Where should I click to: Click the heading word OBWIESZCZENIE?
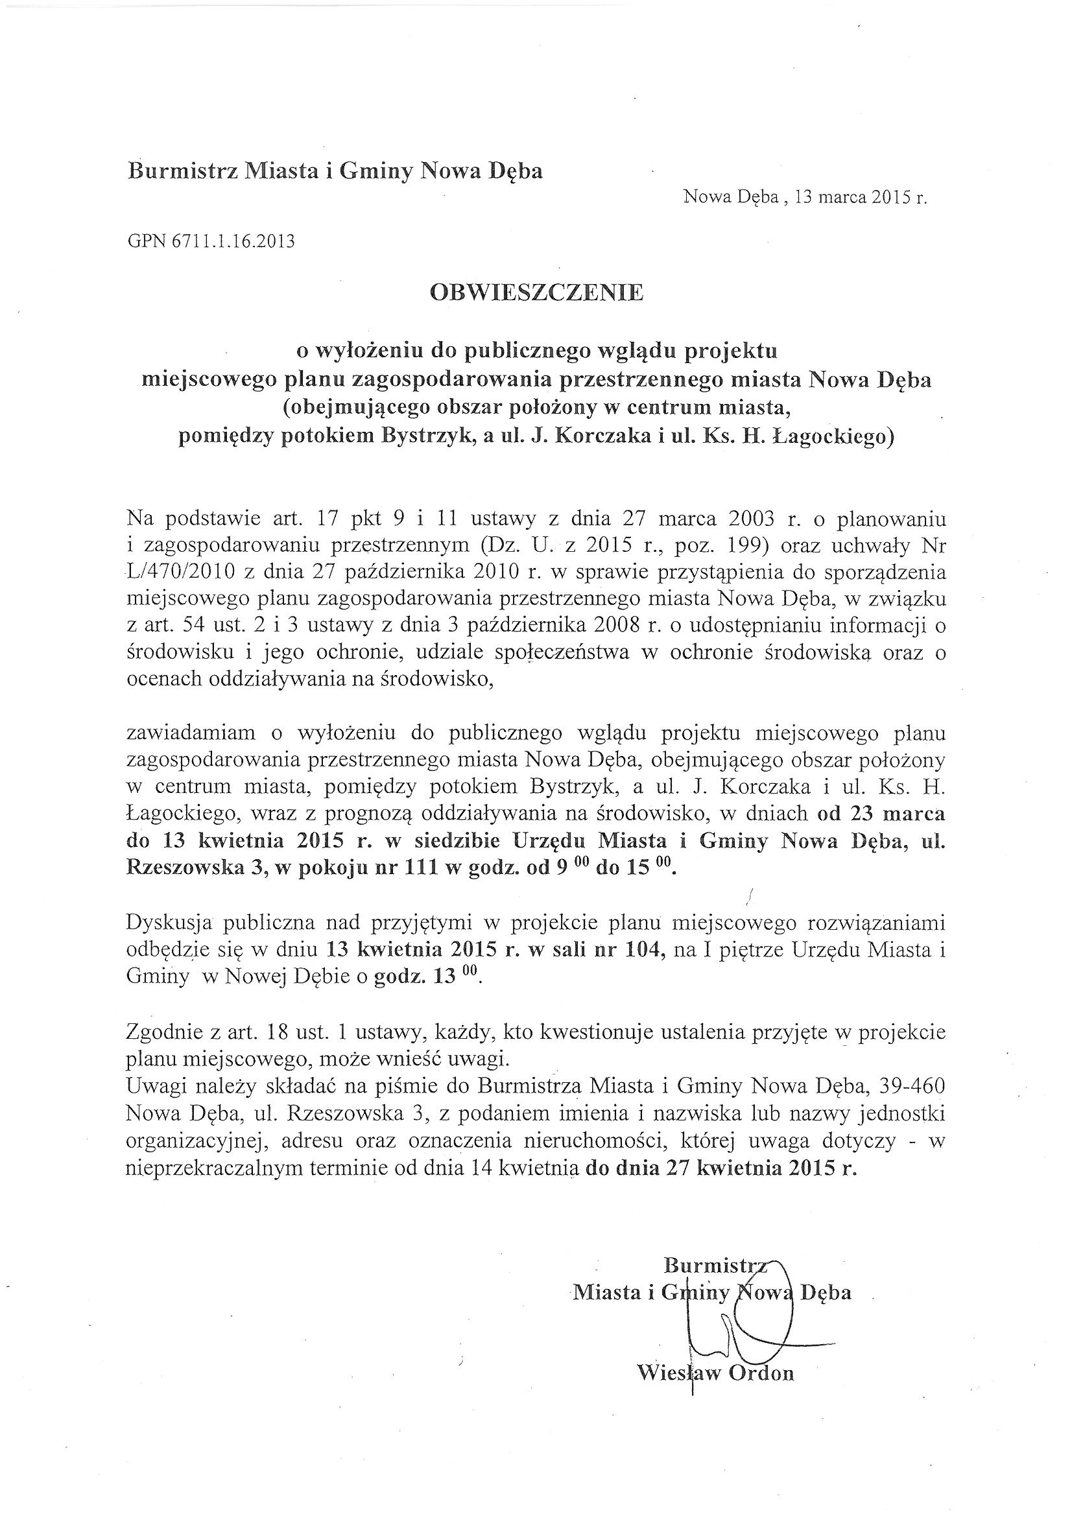click(536, 292)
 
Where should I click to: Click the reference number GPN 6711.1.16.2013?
click(211, 242)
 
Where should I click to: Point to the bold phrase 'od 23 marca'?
click(881, 814)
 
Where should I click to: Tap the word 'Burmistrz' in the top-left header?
click(182, 171)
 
